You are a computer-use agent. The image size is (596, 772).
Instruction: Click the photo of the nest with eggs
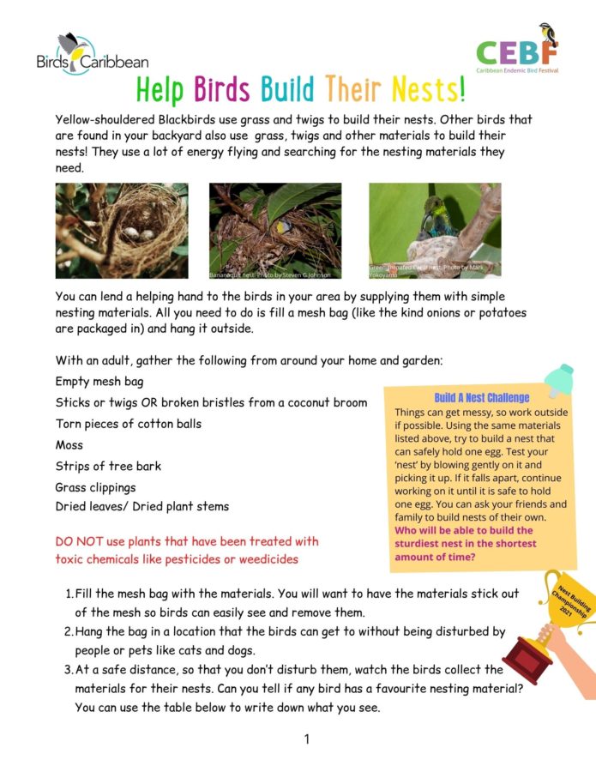[122, 230]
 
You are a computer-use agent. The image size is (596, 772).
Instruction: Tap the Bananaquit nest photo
[274, 230]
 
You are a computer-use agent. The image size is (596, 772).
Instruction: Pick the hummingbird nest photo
[435, 230]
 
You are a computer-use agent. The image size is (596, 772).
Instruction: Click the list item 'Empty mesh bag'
[99, 382]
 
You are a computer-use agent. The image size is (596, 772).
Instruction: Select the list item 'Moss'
[69, 445]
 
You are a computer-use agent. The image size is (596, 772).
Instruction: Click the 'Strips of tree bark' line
[108, 467]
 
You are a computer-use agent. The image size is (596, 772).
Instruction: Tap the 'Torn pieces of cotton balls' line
[129, 424]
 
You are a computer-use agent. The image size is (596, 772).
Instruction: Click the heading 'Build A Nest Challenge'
[481, 398]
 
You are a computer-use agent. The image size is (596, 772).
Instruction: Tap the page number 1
[306, 739]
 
